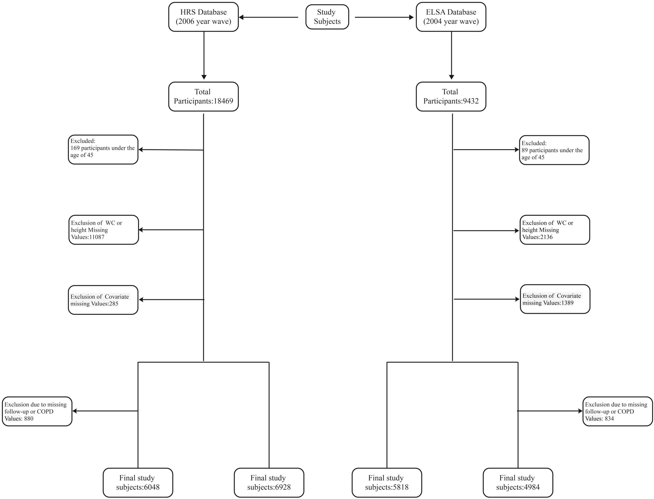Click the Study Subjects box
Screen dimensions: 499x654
pyautogui.click(x=327, y=17)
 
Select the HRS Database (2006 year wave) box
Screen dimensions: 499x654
pyautogui.click(x=204, y=17)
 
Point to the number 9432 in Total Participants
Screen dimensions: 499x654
pyautogui.click(x=471, y=101)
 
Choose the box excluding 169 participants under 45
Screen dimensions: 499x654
pyautogui.click(x=103, y=149)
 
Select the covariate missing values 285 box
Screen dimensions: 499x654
pyautogui.click(x=103, y=300)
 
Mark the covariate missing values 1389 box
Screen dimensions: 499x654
pyautogui.click(x=555, y=299)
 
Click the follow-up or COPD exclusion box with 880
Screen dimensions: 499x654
pyautogui.click(x=37, y=411)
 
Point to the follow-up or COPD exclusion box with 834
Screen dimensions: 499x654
pyautogui.click(x=617, y=411)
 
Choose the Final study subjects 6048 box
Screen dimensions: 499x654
pyautogui.click(x=138, y=483)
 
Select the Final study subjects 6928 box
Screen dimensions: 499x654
pyautogui.click(x=269, y=483)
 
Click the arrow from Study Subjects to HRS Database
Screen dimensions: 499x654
pyautogui.click(x=269, y=17)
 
